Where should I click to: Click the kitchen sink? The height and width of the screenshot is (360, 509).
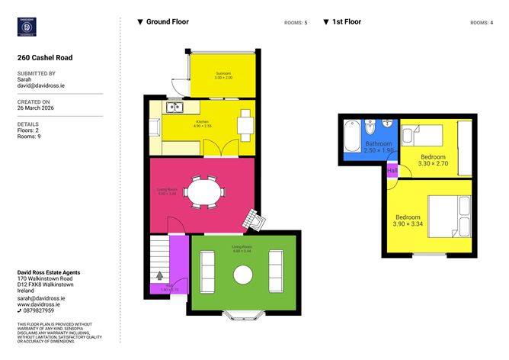(x=174, y=107)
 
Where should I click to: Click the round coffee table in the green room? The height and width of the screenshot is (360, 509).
(x=243, y=274)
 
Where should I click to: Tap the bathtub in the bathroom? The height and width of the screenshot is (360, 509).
(x=351, y=137)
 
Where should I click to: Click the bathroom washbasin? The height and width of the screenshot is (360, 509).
(x=387, y=123)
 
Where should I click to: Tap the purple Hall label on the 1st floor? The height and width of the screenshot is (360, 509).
(x=392, y=171)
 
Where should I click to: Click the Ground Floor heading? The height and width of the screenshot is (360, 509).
(x=167, y=22)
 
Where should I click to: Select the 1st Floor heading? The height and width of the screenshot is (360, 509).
(x=346, y=22)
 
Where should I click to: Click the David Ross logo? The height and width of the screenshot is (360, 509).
(x=28, y=27)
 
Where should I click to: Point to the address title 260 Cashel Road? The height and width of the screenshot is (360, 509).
(x=45, y=57)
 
